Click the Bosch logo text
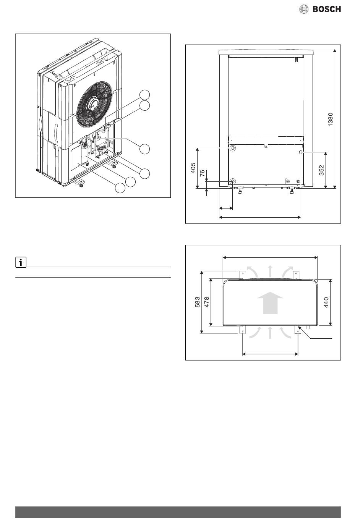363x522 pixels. tap(326, 9)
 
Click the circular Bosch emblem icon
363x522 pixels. tap(304, 9)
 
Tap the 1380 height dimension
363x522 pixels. tap(331, 120)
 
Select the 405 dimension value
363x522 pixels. tap(193, 168)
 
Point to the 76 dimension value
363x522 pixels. tap(202, 173)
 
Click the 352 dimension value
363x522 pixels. tap(321, 170)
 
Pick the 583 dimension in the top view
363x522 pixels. tap(198, 302)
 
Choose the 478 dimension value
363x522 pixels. tap(207, 302)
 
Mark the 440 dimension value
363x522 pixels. tap(326, 302)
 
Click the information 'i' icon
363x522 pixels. tap(21, 262)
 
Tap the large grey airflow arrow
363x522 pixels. tap(270, 302)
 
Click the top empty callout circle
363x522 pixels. tap(144, 95)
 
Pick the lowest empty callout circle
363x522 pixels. tap(120, 188)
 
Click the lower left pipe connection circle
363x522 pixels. tap(233, 181)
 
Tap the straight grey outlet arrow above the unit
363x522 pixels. tap(270, 272)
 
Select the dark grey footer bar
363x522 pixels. tap(178, 512)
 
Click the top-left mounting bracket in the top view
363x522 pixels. tap(243, 275)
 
